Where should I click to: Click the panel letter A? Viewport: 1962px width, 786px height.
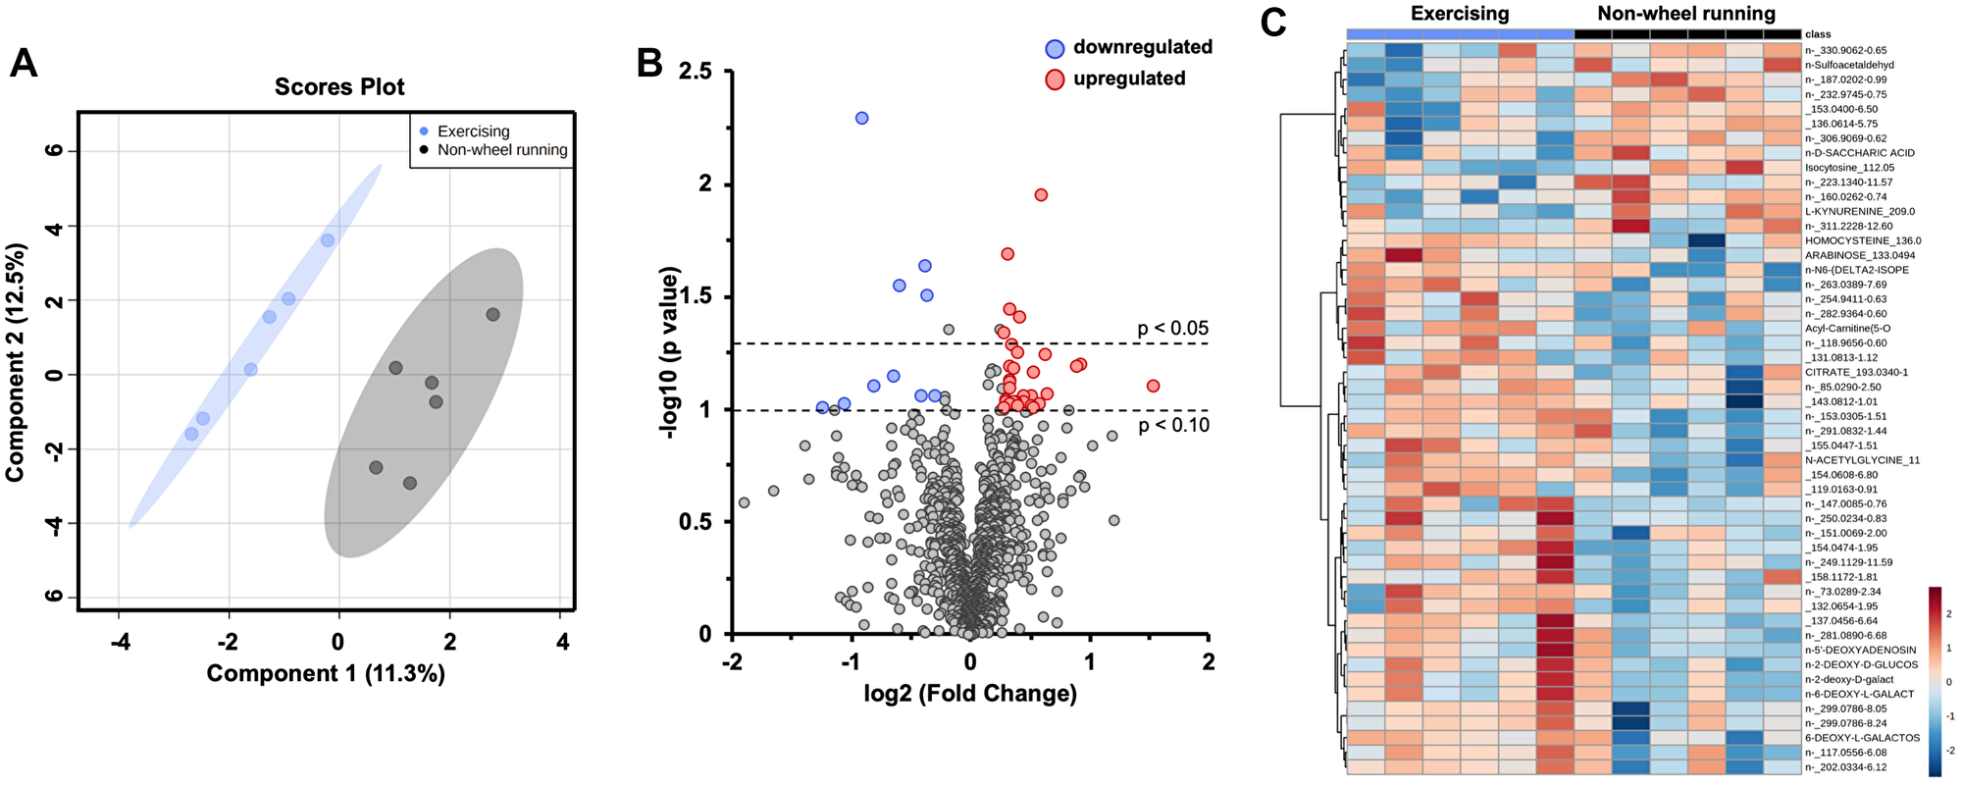click(23, 65)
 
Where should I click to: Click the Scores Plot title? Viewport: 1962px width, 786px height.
click(339, 87)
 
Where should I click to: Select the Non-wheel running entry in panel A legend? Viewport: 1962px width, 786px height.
click(501, 150)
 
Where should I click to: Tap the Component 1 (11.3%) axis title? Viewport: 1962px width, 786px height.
click(326, 673)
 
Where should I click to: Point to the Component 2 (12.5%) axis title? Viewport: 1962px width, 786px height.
click(16, 376)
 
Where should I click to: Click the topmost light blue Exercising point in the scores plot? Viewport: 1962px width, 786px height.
click(328, 240)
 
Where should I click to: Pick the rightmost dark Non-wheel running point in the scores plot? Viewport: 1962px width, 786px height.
click(492, 315)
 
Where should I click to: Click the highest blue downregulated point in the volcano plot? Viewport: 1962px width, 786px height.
click(861, 118)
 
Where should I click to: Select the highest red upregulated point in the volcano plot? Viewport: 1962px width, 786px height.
click(1041, 195)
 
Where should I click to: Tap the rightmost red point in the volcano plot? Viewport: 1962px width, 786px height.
click(1153, 386)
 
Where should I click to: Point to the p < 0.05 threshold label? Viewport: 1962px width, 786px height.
click(1172, 329)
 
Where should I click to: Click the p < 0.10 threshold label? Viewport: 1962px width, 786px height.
click(1173, 425)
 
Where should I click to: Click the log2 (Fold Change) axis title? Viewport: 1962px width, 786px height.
click(970, 694)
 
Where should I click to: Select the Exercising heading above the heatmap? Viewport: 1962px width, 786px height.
click(1460, 14)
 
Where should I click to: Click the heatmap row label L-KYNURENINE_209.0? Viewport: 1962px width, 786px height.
click(1859, 211)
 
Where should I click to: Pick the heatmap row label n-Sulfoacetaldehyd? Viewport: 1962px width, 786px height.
click(1849, 65)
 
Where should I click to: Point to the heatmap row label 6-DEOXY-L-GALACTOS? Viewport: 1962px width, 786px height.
click(1862, 738)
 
